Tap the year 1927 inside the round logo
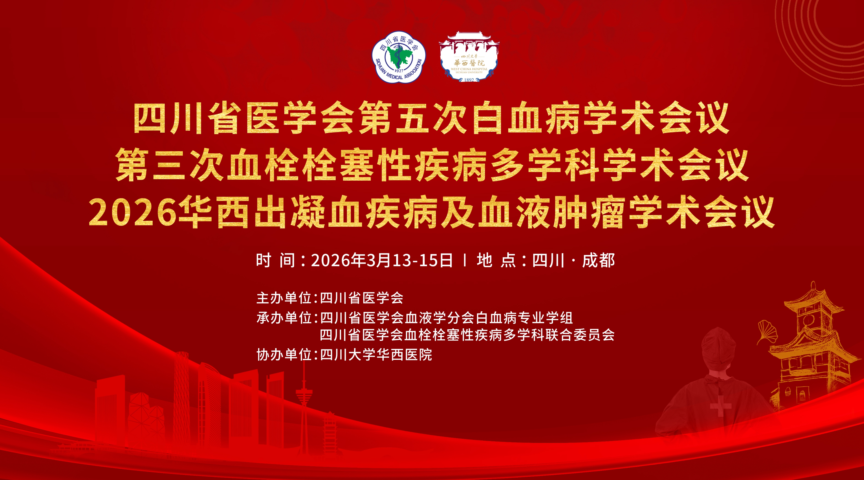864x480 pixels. pos(399,70)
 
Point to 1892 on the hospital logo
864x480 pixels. pos(469,80)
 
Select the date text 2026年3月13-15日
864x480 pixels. pos(382,260)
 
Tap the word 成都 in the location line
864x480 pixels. pos(598,260)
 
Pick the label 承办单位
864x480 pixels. pos(284,318)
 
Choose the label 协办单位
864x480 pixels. pos(284,354)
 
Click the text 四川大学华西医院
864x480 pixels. pos(376,354)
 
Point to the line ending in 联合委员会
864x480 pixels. pos(467,335)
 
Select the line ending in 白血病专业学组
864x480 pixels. pos(446,318)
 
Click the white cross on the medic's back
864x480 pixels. pos(720,406)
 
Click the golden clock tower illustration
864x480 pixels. pos(812,345)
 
